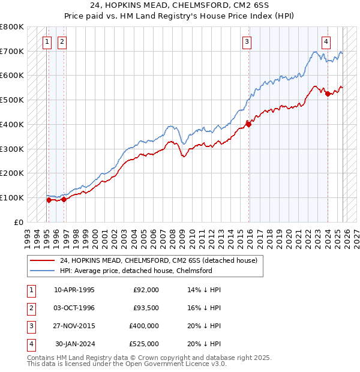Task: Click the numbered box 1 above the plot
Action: pos(47,41)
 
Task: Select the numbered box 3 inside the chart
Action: pos(247,41)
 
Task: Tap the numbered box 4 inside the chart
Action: pos(326,41)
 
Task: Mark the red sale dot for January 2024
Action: pos(328,94)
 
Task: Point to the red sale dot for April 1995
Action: pos(49,200)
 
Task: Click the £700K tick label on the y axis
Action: pos(12,51)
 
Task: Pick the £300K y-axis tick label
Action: pos(12,149)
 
